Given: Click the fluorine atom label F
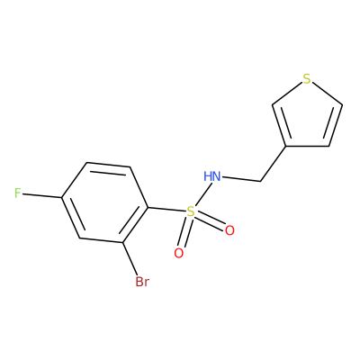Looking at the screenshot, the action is point(18,193).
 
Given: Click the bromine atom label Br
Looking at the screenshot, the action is point(142,282).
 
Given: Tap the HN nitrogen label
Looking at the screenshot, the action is point(212,176).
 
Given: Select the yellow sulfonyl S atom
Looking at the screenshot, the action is point(190,212).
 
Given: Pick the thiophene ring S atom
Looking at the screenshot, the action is point(306,79).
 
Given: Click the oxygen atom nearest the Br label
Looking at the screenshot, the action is point(179,254).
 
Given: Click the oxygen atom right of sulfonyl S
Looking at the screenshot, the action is point(229,230).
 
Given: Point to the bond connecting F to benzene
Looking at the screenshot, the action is point(41,195).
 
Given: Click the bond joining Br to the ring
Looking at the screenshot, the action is point(130,258).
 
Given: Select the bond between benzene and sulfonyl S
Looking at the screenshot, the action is point(166,210).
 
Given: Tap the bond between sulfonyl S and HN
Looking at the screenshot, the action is point(202,194).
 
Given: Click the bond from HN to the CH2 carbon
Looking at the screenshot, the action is point(241,179).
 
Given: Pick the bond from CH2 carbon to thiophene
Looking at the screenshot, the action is point(273,164).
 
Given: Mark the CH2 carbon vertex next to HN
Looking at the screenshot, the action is point(260,181).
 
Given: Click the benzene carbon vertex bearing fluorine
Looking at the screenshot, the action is point(61,198).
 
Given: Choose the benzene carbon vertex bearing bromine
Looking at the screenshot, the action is point(123,242).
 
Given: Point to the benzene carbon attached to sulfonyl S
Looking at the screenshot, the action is point(148,208).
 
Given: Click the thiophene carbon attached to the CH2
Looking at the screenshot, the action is point(286,147).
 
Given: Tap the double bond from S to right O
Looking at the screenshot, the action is point(210,220).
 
